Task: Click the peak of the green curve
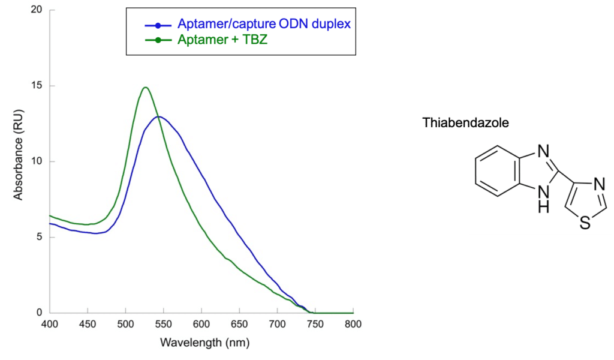(146, 88)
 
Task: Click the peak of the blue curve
(158, 117)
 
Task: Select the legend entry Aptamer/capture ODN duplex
(264, 23)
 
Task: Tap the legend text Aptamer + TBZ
(222, 40)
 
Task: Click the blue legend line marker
(158, 25)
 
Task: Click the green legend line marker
(158, 40)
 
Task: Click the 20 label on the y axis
(37, 10)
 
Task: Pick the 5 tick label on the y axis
(39, 237)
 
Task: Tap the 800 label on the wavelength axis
(353, 325)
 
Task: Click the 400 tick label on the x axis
(50, 325)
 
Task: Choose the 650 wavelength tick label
(239, 325)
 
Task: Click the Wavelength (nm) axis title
(205, 343)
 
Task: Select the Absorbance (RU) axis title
(18, 155)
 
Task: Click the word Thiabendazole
(465, 122)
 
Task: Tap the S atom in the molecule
(585, 223)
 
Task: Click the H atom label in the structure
(543, 207)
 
